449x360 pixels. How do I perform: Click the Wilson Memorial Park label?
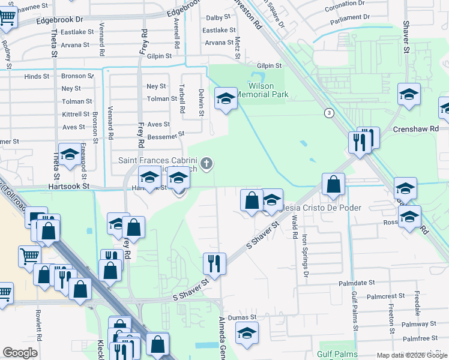pyautogui.click(x=262, y=90)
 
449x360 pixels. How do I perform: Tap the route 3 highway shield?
pyautogui.click(x=328, y=113)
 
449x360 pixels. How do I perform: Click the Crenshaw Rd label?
pyautogui.click(x=416, y=129)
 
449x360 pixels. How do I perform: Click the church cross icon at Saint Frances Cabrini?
pyautogui.click(x=206, y=163)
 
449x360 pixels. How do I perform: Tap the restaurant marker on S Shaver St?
pyautogui.click(x=214, y=263)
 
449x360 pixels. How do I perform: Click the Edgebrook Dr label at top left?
pyautogui.click(x=59, y=20)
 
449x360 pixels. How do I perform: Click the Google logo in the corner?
pyautogui.click(x=20, y=353)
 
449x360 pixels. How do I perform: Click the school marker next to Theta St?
pyautogui.click(x=70, y=154)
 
